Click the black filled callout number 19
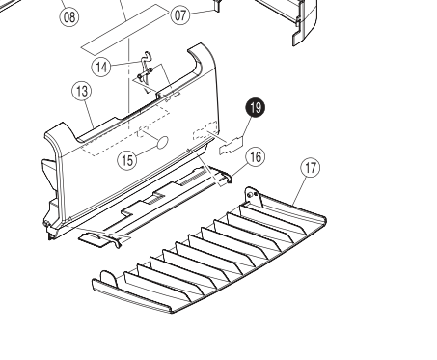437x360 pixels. (x=256, y=108)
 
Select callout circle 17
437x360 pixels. (x=311, y=168)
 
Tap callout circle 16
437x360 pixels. (x=256, y=157)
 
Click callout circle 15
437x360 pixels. (x=127, y=160)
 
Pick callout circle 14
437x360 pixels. (x=101, y=68)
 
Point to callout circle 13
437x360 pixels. (x=82, y=91)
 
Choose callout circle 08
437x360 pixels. (x=69, y=16)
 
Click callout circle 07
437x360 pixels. (x=180, y=14)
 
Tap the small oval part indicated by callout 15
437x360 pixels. (x=162, y=142)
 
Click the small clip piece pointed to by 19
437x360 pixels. (x=232, y=146)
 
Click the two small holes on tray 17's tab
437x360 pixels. (x=253, y=194)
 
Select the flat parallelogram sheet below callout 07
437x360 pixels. (x=125, y=29)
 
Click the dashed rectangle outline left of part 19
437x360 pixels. (x=205, y=130)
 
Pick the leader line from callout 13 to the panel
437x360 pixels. (x=90, y=114)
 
